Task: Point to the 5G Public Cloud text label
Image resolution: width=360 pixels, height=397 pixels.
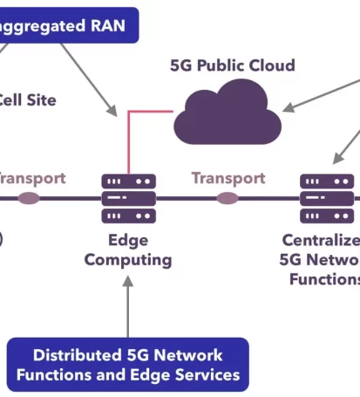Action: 232,65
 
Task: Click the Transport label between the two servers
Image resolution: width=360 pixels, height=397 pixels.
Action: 228,178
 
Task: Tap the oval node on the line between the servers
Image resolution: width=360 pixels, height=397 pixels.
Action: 228,198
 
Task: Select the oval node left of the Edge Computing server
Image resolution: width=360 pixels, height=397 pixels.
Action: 29,198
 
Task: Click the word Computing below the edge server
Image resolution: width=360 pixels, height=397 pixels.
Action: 128,259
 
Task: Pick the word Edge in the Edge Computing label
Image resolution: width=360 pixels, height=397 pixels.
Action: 128,240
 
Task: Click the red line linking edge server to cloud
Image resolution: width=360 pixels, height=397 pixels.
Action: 130,140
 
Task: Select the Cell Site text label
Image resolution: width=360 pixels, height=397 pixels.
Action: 26,100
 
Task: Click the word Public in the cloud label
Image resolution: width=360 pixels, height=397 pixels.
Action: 228,65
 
